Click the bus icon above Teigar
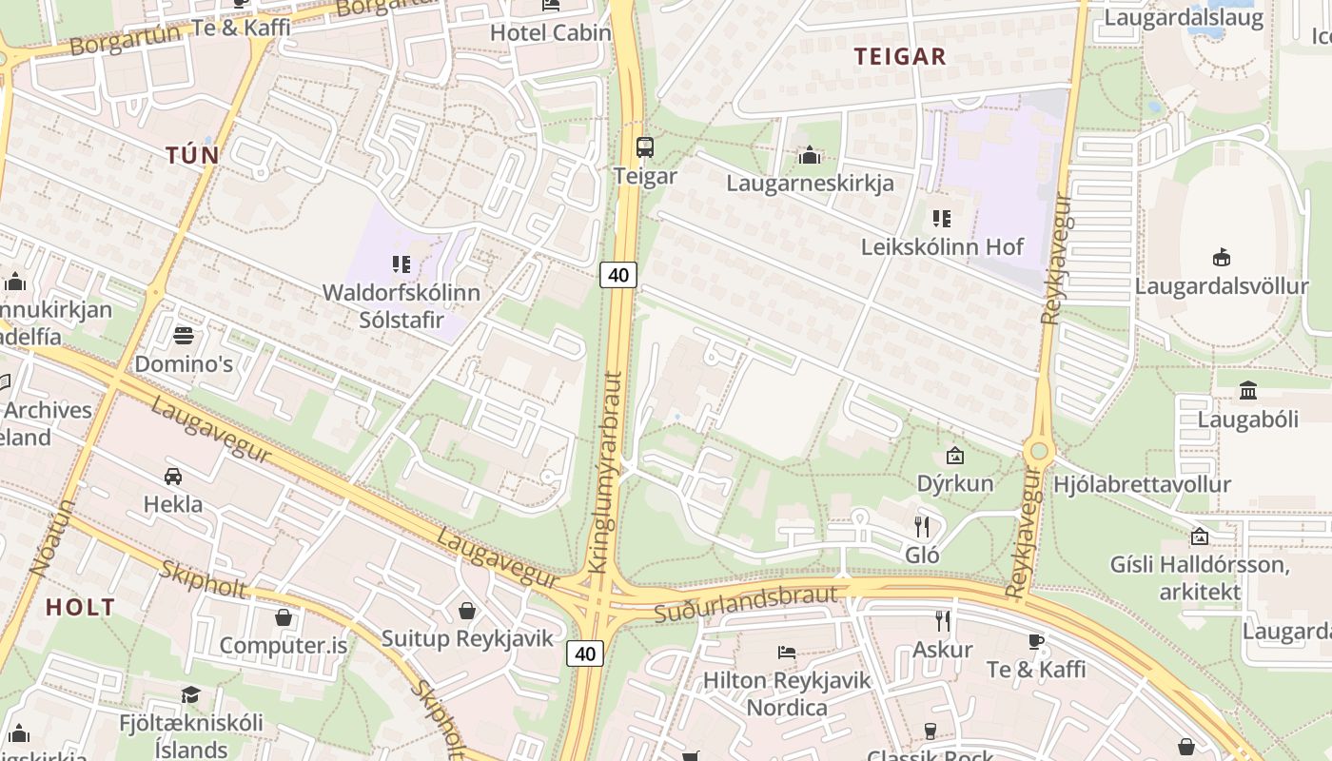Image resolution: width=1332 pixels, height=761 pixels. [645, 146]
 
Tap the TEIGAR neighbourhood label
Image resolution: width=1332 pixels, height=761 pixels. [900, 56]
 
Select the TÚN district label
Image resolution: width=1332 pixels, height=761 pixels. [192, 155]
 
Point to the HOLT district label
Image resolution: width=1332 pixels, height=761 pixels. [81, 607]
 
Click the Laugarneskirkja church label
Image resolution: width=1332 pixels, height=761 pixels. [810, 183]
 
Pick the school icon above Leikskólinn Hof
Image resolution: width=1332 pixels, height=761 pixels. [942, 219]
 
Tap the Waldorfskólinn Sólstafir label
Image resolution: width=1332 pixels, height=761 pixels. [402, 305]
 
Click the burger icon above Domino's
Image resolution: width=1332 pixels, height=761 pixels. [183, 336]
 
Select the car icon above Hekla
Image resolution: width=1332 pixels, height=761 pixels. [173, 476]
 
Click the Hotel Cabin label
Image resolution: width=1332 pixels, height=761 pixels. [550, 32]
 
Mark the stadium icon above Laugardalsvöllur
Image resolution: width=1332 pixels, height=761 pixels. [1222, 257]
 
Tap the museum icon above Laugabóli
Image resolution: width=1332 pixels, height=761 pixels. [1247, 390]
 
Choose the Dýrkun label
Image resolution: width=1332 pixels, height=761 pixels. [955, 482]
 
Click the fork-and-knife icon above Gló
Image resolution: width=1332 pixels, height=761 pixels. [921, 526]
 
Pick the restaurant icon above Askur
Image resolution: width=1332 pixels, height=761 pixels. [942, 621]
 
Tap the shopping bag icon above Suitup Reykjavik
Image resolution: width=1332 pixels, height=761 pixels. [467, 610]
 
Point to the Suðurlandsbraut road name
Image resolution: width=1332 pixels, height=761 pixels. [747, 603]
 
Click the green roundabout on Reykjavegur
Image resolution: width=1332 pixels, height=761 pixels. [1038, 451]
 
